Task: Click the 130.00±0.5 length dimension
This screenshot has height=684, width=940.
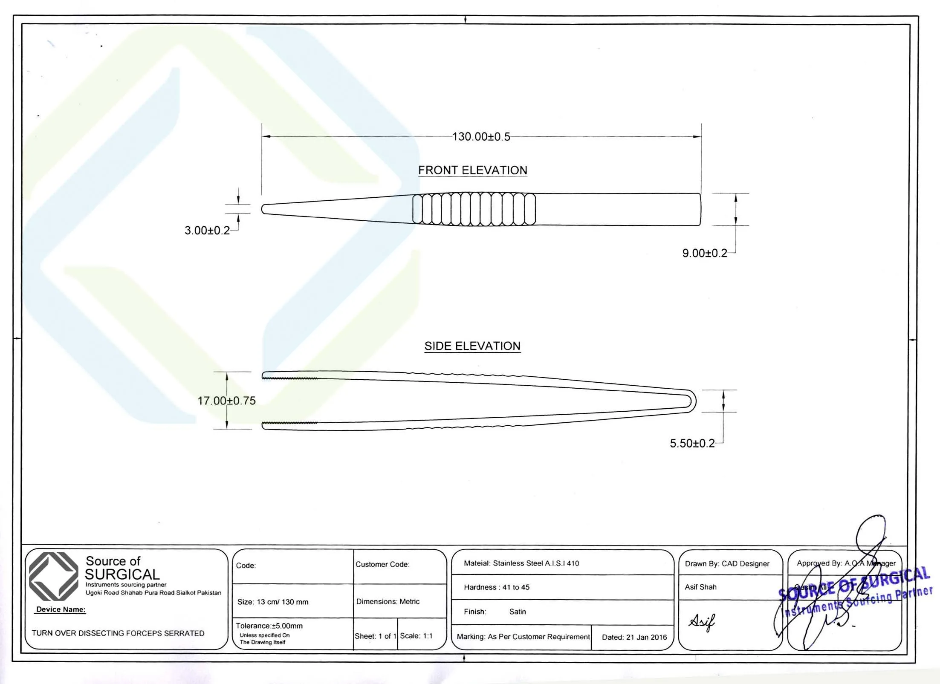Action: point(481,137)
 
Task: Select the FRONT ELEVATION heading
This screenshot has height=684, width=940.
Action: point(472,170)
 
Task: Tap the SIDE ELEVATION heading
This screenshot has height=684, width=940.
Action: point(472,346)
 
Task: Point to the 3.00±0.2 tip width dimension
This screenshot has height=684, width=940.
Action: point(207,231)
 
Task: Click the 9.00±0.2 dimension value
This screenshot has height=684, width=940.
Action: point(705,253)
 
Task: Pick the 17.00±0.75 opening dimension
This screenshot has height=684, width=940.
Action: point(226,401)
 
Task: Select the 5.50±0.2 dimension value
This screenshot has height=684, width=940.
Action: point(692,444)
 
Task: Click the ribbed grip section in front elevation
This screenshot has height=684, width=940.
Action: point(474,209)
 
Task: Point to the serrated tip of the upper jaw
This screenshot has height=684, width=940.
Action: point(290,378)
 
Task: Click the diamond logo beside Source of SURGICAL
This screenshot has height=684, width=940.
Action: point(53,576)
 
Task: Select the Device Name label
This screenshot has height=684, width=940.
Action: point(61,609)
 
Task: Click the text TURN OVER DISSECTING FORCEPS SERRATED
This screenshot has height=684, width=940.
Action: point(118,633)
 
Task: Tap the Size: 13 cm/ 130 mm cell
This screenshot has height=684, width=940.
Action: point(273,602)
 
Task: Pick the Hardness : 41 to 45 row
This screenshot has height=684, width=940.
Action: point(497,587)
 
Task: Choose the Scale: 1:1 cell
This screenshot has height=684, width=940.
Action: point(416,636)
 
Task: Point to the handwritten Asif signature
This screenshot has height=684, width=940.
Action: point(701,622)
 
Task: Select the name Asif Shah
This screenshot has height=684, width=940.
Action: point(700,587)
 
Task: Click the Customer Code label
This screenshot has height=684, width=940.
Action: point(382,564)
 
